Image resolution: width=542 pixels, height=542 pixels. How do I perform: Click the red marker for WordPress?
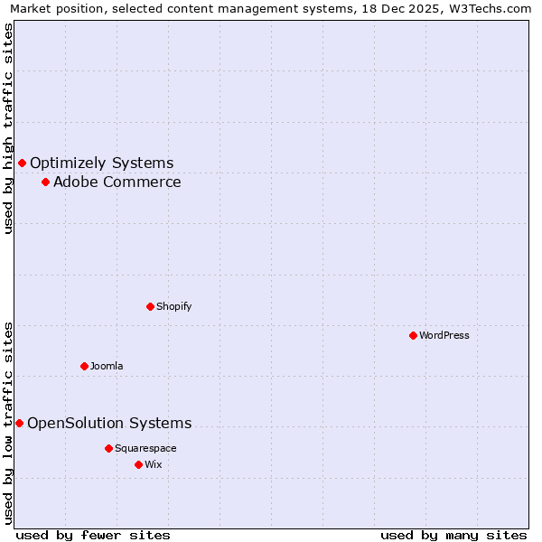pos(413,335)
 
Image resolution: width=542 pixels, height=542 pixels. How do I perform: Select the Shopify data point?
pos(150,306)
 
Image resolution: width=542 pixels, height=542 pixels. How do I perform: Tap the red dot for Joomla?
pos(84,366)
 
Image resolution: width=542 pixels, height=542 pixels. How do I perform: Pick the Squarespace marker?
pos(108,448)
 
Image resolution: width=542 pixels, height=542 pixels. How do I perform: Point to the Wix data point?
pos(138,464)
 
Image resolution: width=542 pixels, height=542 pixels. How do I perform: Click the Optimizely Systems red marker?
pos(22,163)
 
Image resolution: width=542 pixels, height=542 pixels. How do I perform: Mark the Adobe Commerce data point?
pos(45,182)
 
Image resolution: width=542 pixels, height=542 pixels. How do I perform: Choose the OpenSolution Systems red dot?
pos(19,423)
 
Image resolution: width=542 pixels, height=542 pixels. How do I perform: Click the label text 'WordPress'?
pos(444,335)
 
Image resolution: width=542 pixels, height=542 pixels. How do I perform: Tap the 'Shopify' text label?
pos(174,306)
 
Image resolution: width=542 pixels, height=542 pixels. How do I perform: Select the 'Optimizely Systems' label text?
pos(102,163)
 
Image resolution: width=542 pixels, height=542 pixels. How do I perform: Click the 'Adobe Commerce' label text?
pos(117,182)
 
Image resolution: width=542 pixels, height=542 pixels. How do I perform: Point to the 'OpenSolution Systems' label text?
pos(109,423)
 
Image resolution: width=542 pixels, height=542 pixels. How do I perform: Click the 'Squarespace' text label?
pos(145,448)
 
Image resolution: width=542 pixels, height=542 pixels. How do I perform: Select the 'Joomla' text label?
pos(107,366)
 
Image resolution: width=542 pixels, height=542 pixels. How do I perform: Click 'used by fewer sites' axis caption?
pos(93,535)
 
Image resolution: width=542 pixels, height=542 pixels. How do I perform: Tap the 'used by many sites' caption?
pos(453,535)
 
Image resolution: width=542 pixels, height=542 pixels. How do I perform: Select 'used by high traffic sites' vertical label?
pos(8,128)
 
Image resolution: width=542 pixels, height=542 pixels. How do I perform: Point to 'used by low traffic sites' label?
pos(8,422)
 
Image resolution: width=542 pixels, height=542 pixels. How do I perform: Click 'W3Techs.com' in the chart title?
pos(493,9)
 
